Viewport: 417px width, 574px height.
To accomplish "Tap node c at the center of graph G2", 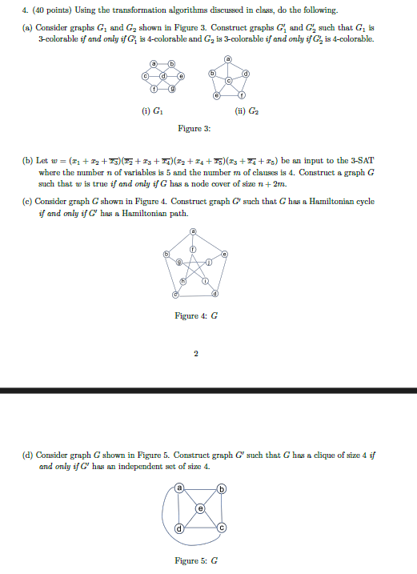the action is [x=228, y=81].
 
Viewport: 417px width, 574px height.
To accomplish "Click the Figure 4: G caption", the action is [x=193, y=316].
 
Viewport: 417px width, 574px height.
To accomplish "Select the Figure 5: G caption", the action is [x=197, y=560].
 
